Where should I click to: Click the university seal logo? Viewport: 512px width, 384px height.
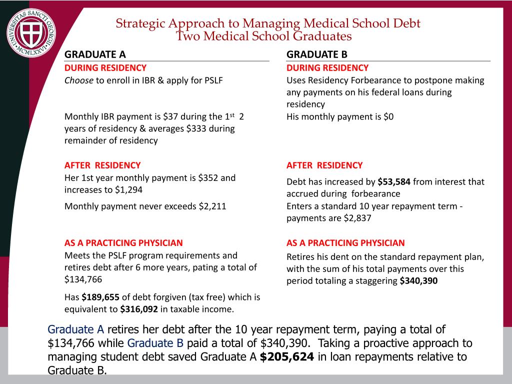click(x=31, y=33)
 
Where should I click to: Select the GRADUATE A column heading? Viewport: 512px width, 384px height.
click(x=95, y=54)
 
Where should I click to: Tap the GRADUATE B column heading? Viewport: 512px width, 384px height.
click(x=317, y=54)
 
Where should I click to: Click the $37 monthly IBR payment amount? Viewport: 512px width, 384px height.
click(x=170, y=116)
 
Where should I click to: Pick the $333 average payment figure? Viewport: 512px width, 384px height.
click(x=197, y=128)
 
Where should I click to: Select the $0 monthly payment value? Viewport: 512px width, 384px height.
click(x=388, y=117)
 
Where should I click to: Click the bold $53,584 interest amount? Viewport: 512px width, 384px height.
click(x=394, y=182)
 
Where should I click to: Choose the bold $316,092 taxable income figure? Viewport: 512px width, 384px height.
click(x=139, y=309)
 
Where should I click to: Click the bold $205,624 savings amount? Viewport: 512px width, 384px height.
click(x=287, y=356)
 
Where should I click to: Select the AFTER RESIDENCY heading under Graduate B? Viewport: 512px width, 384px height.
click(x=324, y=165)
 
